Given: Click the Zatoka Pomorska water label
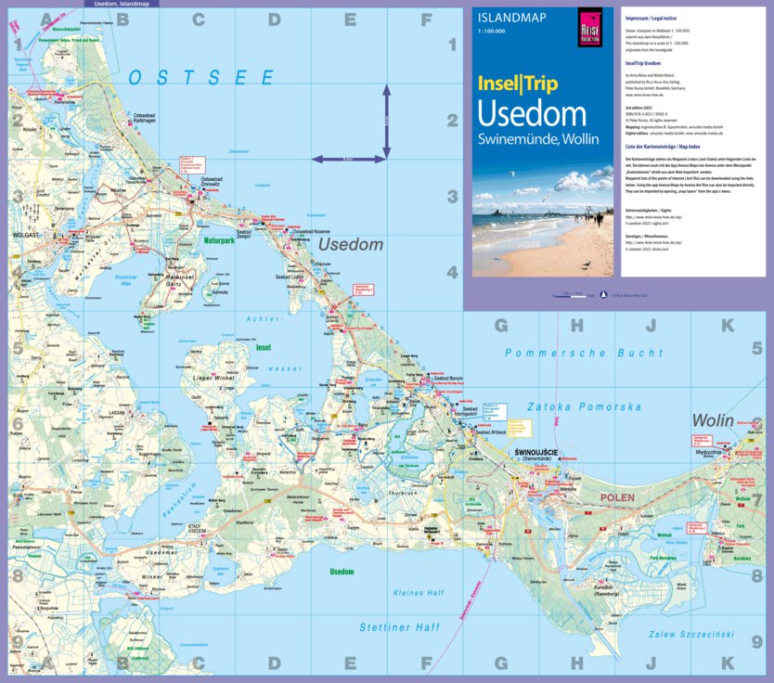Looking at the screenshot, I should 584,406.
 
